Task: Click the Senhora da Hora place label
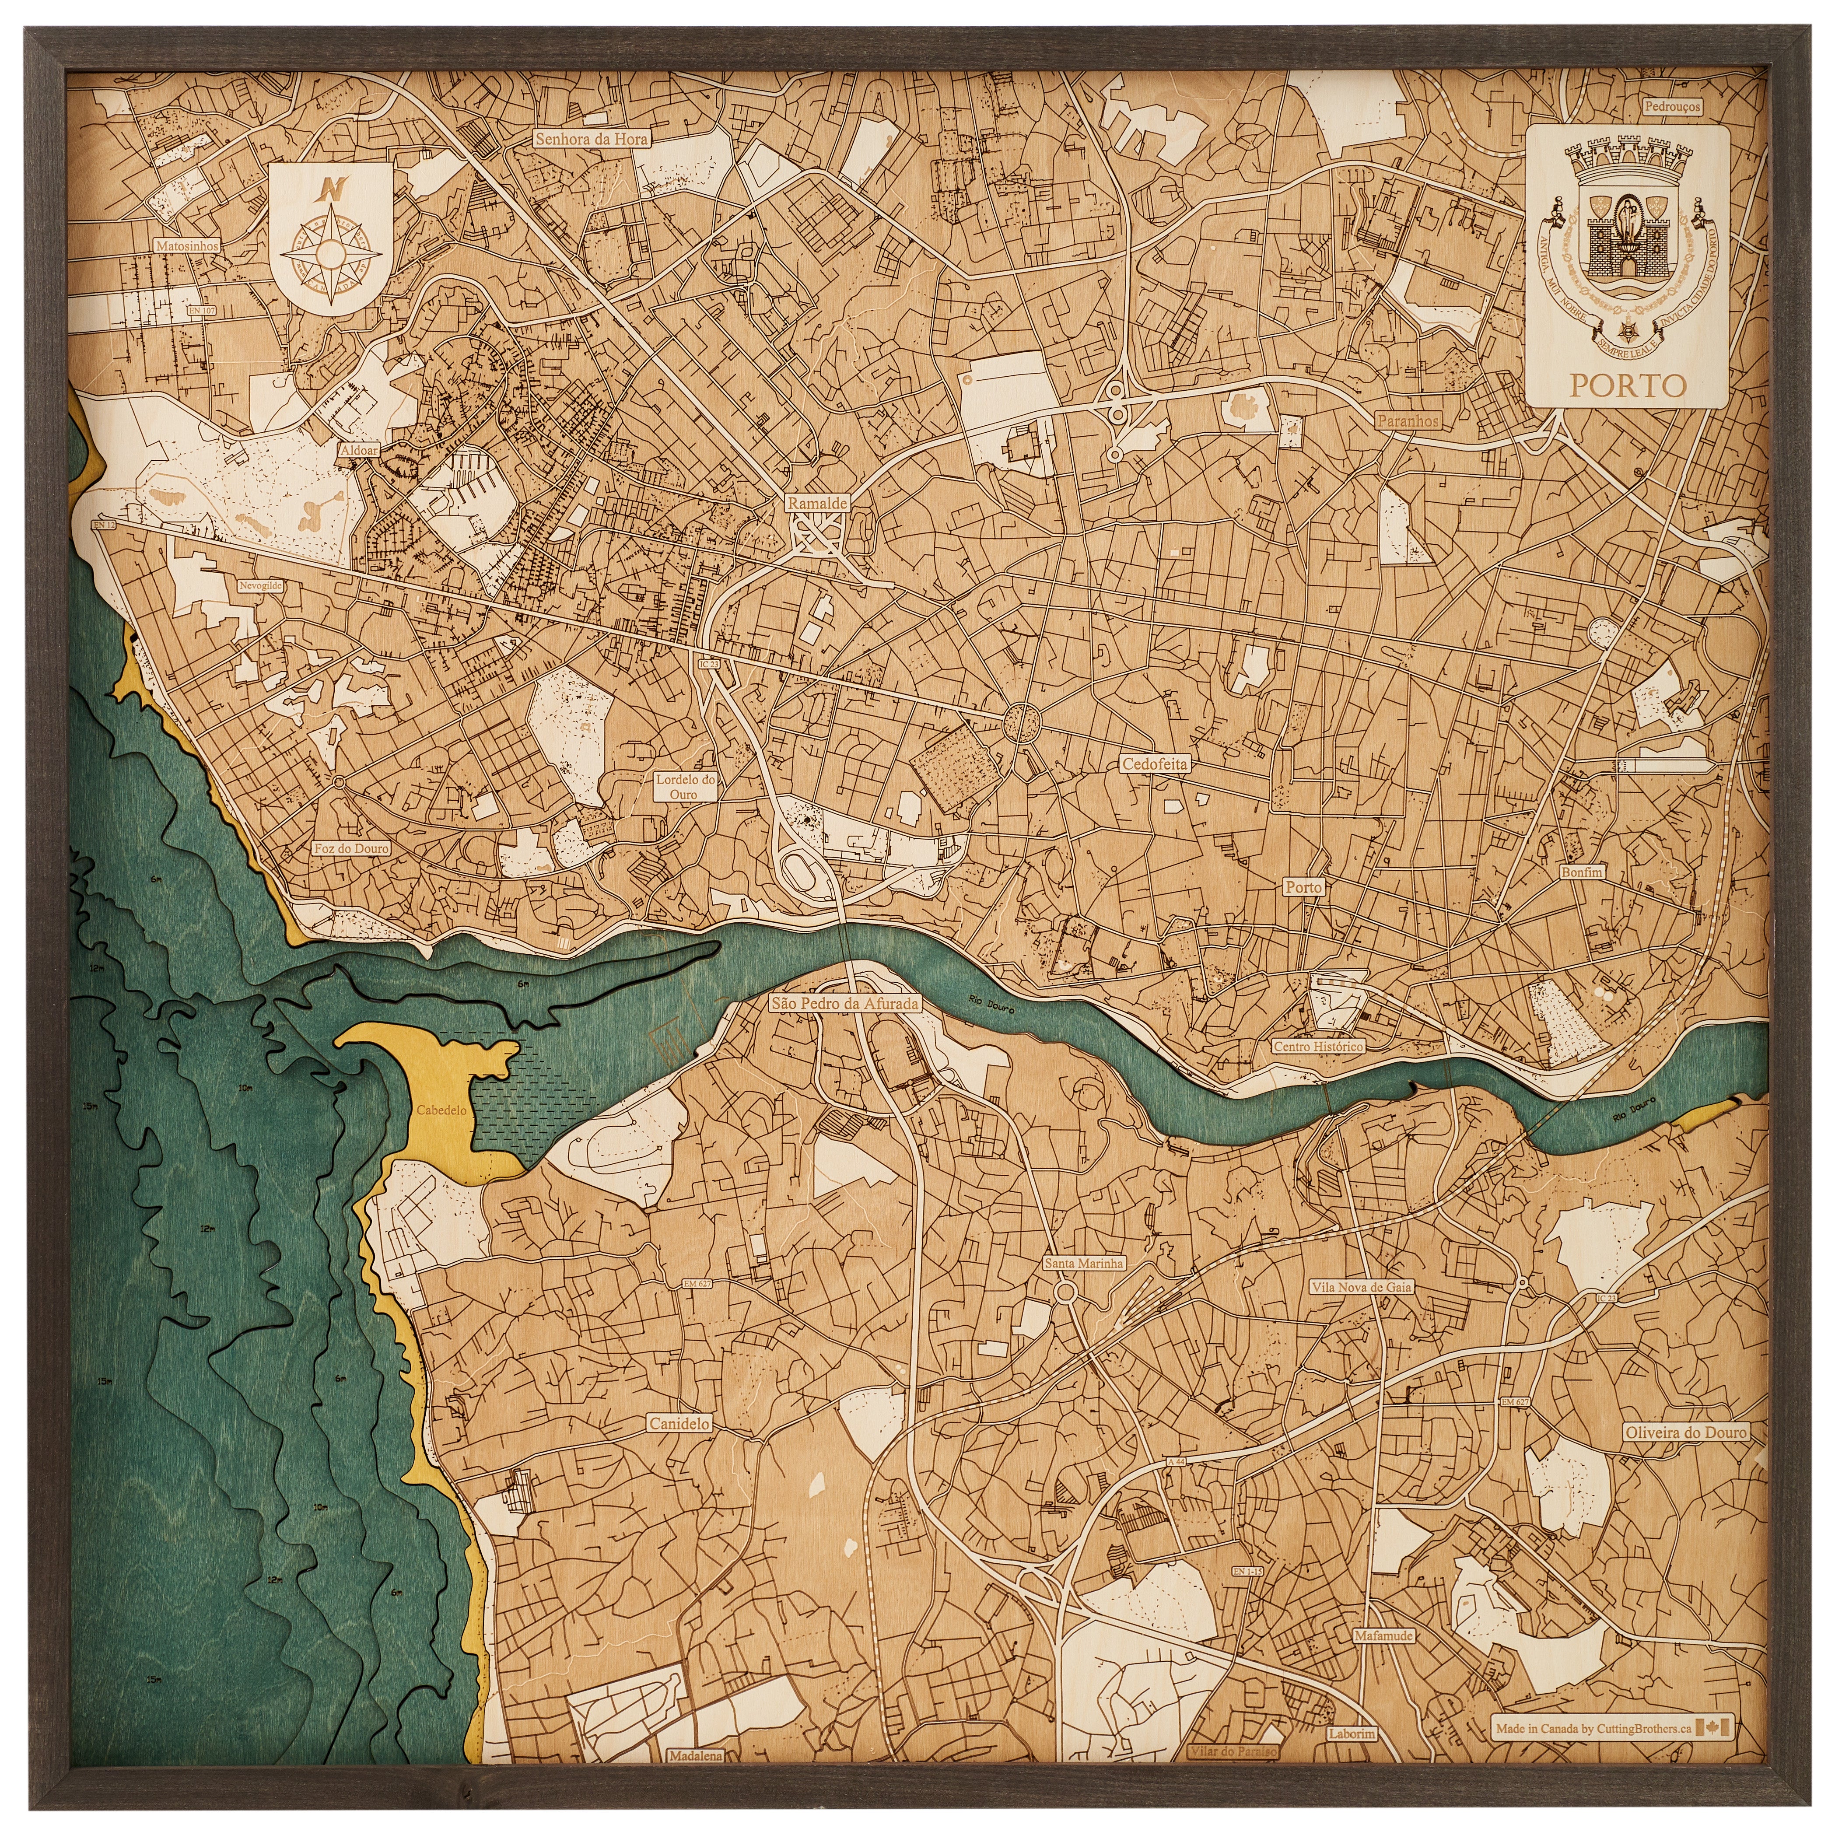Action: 591,139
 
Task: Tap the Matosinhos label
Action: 187,245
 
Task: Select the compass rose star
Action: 329,252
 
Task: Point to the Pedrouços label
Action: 1673,107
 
